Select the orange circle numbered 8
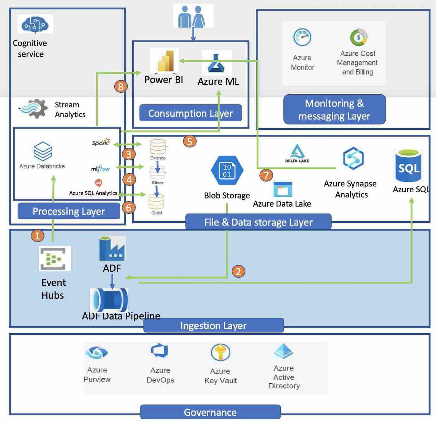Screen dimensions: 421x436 tap(121, 86)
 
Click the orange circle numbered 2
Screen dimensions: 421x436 tap(238, 272)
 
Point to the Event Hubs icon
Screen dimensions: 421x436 tap(55, 259)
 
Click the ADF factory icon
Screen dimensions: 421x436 tap(112, 248)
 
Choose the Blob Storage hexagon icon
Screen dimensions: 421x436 tap(227, 171)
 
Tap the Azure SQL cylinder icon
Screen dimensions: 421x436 tap(408, 166)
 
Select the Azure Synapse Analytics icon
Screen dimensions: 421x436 tap(353, 158)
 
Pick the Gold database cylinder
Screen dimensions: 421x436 tap(156, 202)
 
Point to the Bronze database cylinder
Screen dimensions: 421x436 tap(158, 147)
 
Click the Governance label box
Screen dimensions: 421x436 tap(210, 412)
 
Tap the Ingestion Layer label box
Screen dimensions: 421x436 tap(213, 325)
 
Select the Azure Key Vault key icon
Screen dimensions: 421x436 tap(220, 353)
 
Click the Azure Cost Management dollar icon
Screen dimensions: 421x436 tap(359, 37)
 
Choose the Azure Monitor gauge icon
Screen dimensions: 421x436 tap(302, 37)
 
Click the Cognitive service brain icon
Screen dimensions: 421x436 tap(35, 24)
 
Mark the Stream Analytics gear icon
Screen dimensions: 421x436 tap(34, 108)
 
